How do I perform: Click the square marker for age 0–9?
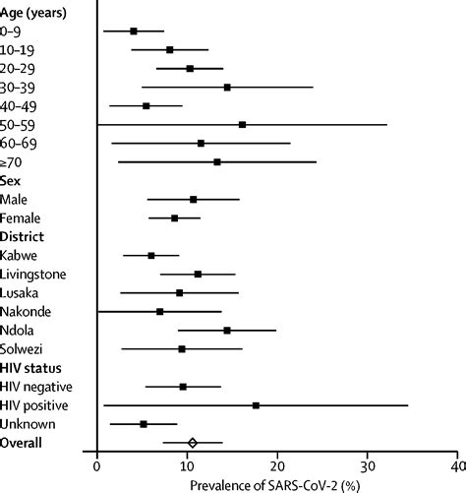134,31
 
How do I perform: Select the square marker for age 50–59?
242,125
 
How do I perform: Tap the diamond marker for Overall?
193,443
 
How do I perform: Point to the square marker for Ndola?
227,331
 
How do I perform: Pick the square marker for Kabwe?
151,256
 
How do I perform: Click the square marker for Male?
193,200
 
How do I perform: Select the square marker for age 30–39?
227,88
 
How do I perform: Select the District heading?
27,237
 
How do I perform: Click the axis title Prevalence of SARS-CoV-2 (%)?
277,483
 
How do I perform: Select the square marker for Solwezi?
182,349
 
